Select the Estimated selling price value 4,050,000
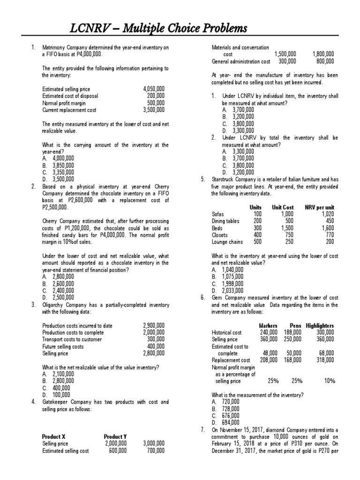[x=153, y=89]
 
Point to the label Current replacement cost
[x=69, y=110]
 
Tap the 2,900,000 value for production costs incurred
[x=153, y=325]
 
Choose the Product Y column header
[x=115, y=436]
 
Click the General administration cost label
[x=241, y=61]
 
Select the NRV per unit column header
[x=319, y=207]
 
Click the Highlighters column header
[x=320, y=326]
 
